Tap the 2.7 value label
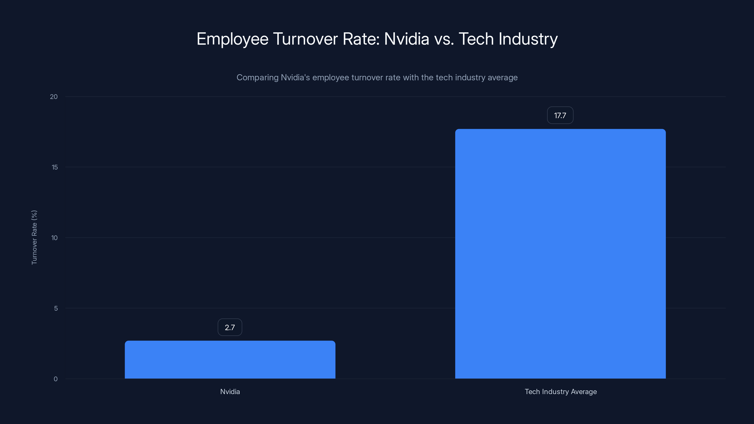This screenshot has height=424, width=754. (x=230, y=327)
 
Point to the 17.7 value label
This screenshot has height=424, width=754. (x=560, y=115)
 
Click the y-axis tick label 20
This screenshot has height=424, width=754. (x=54, y=97)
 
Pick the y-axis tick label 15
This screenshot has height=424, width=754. (x=54, y=167)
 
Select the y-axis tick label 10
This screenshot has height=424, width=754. (x=54, y=238)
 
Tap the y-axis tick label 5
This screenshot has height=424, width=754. (x=56, y=308)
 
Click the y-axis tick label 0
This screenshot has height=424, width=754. (x=56, y=379)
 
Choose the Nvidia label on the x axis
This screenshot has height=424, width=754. (x=230, y=391)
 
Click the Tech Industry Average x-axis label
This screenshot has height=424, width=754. (x=561, y=391)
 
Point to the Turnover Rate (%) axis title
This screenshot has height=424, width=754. (x=34, y=237)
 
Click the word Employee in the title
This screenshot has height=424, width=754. (x=232, y=39)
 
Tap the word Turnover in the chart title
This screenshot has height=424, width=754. (x=305, y=39)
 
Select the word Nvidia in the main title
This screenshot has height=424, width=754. (x=406, y=39)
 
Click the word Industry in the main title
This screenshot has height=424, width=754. (x=528, y=39)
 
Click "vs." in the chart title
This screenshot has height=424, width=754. (x=444, y=39)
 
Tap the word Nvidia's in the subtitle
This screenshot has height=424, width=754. (x=295, y=77)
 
